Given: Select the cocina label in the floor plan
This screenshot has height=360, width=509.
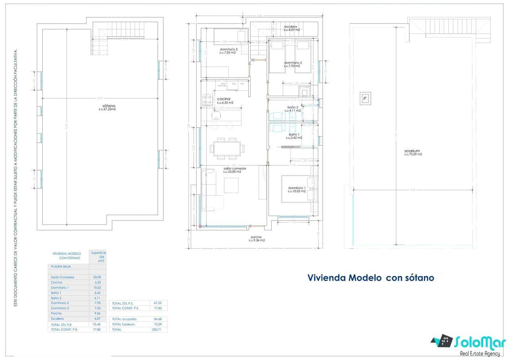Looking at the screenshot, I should (x=224, y=99).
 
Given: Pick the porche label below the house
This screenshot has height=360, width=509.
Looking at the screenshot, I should (x=256, y=237).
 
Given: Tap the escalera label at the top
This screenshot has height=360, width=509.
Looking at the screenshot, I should (x=292, y=27).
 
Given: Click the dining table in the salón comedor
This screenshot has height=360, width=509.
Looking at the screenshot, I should (x=227, y=149).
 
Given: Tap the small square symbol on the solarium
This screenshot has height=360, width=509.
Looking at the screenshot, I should (x=365, y=98).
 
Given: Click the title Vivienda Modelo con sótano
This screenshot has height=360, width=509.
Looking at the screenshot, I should (x=370, y=278).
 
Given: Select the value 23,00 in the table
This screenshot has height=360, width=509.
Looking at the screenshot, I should (x=97, y=277).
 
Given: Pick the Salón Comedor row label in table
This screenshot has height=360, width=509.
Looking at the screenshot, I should (x=63, y=277).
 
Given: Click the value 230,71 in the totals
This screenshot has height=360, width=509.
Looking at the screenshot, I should (x=156, y=329).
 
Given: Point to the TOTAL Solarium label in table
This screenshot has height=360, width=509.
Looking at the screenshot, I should (x=124, y=324).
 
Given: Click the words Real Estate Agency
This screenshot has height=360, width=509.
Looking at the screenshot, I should (x=480, y=353).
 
